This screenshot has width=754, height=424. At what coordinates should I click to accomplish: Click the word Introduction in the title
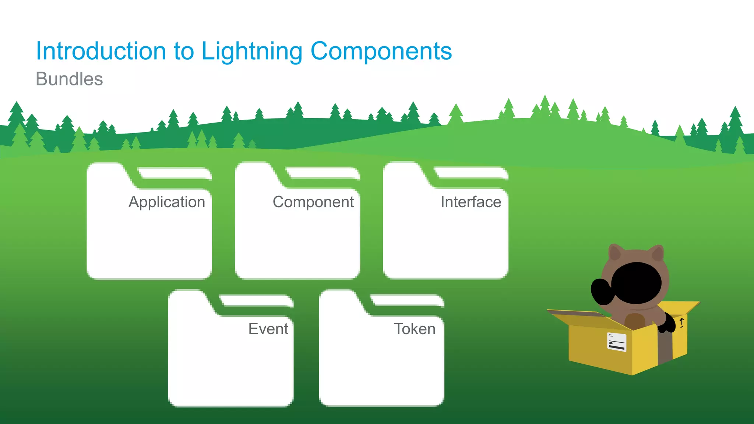coord(101,51)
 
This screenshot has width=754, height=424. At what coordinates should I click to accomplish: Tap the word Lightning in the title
coord(251,52)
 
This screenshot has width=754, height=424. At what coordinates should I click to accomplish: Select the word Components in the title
coord(381,52)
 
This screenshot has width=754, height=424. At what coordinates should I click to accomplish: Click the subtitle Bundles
coord(69,79)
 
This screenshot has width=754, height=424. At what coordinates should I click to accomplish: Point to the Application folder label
coord(167,202)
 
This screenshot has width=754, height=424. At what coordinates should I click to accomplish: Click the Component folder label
coord(313,202)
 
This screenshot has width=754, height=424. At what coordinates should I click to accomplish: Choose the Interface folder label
coord(471,202)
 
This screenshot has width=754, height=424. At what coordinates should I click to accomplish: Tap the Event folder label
coord(268,329)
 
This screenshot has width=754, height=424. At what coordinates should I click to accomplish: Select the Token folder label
coord(415,329)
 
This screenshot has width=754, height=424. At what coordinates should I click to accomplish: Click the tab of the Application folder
coord(107,173)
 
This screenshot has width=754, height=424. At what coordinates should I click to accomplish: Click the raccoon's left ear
coord(615,253)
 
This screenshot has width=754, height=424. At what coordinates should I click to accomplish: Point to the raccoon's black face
coord(637,283)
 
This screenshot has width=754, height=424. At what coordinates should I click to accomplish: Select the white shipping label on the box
coord(616,342)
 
